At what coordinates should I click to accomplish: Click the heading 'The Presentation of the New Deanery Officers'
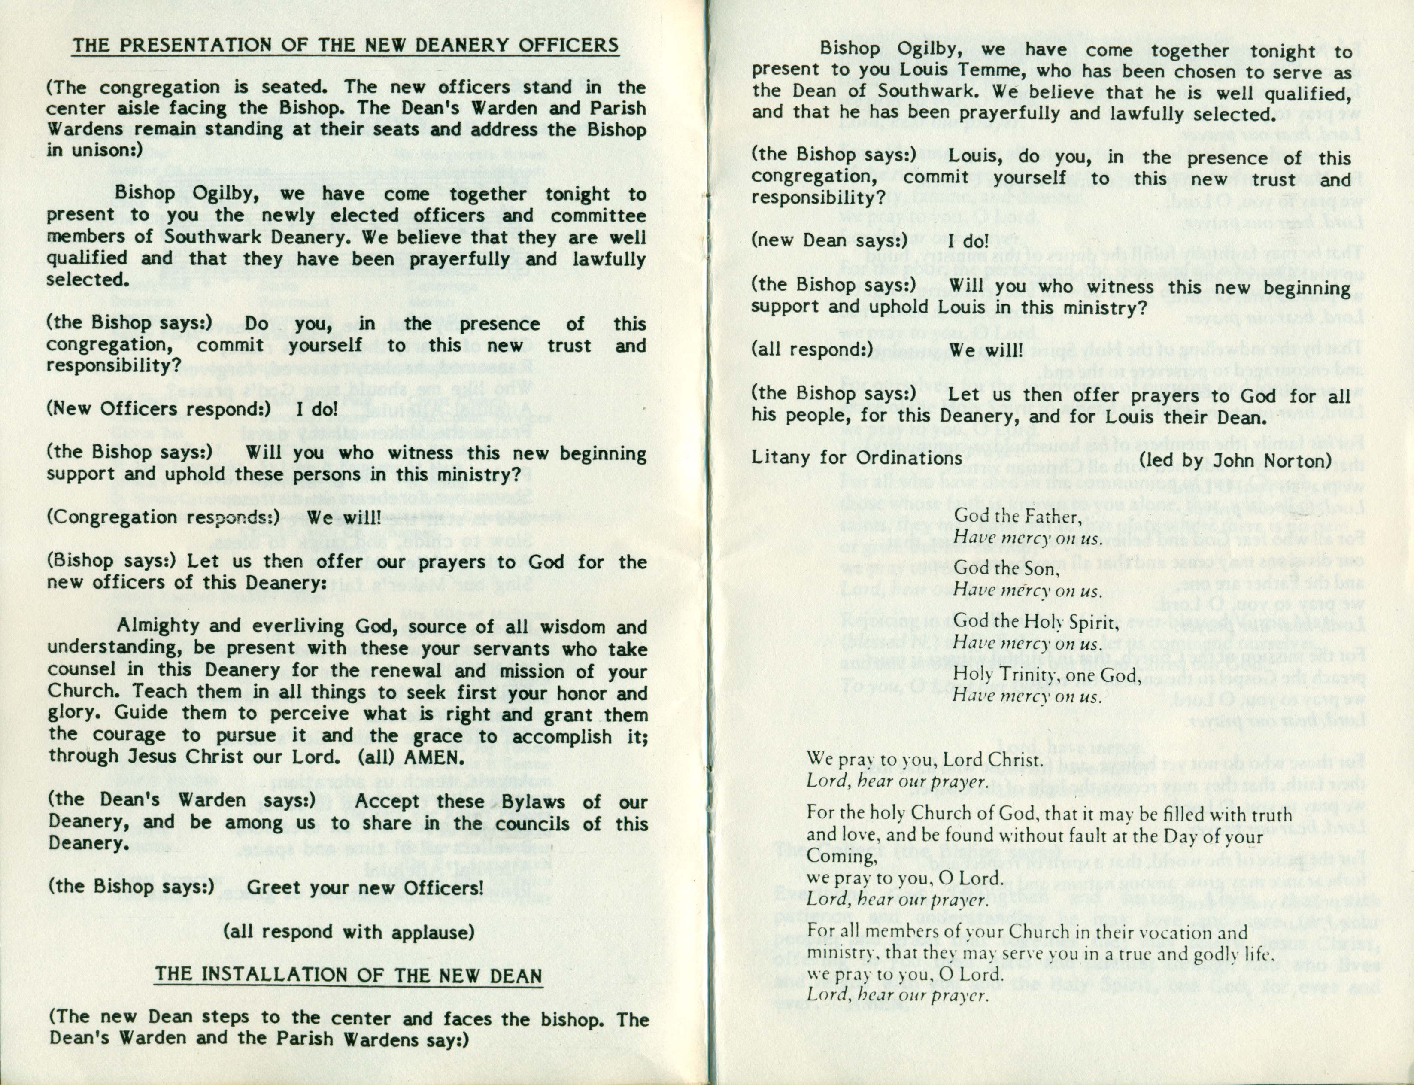coord(346,45)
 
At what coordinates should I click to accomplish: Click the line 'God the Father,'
coord(1017,517)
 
